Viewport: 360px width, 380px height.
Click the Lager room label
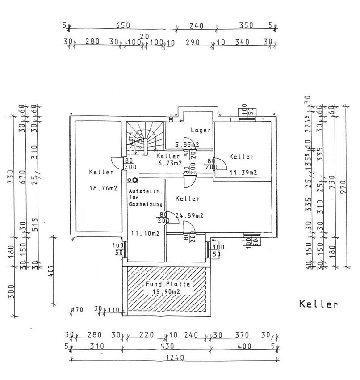tap(201, 131)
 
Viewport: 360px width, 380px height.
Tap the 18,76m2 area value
tap(103, 189)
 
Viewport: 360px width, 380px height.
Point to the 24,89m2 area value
tap(189, 216)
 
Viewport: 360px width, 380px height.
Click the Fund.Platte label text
tap(167, 284)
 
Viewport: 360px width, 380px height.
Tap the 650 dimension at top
tap(123, 25)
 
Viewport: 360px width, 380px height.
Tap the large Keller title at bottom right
tap(318, 305)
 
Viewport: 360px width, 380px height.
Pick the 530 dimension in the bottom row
tap(167, 346)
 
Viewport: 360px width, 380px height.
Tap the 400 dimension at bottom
tap(245, 346)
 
